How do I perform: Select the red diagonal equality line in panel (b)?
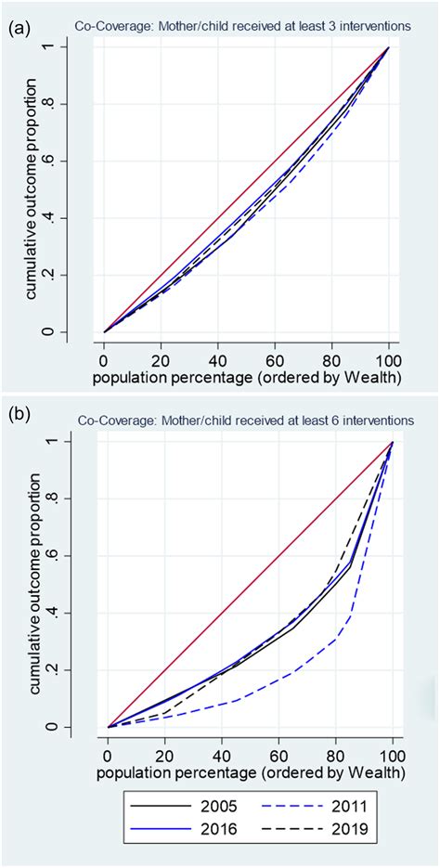tap(251, 584)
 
